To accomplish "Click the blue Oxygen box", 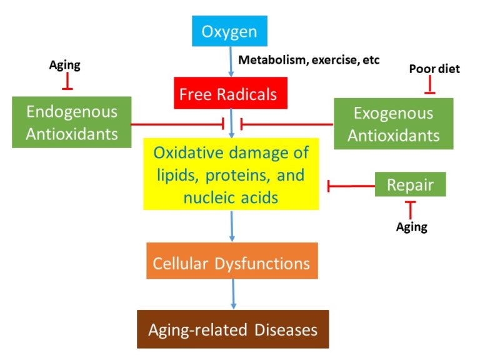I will click(229, 31).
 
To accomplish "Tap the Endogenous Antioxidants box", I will click(71, 122).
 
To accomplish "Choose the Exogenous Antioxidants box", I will click(393, 123).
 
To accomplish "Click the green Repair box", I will click(410, 184).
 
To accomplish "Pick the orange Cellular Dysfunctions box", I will click(232, 262).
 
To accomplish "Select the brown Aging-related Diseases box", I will click(232, 329).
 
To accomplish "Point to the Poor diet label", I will click(434, 69).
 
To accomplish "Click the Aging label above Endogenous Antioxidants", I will click(65, 65).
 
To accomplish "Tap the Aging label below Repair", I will click(411, 227).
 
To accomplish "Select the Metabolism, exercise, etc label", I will click(309, 60).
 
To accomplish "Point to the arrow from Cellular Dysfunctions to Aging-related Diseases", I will click(233, 294).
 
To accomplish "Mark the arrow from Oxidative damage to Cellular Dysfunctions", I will click(232, 226).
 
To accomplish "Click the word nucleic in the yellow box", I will click(209, 197).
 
